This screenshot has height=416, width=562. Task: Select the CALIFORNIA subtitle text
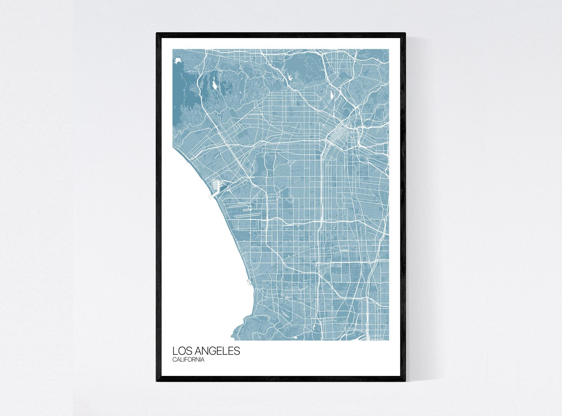pyautogui.click(x=188, y=360)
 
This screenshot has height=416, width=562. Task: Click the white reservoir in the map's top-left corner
pyautogui.click(x=177, y=60)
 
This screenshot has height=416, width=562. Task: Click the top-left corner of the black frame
pyautogui.click(x=157, y=33)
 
